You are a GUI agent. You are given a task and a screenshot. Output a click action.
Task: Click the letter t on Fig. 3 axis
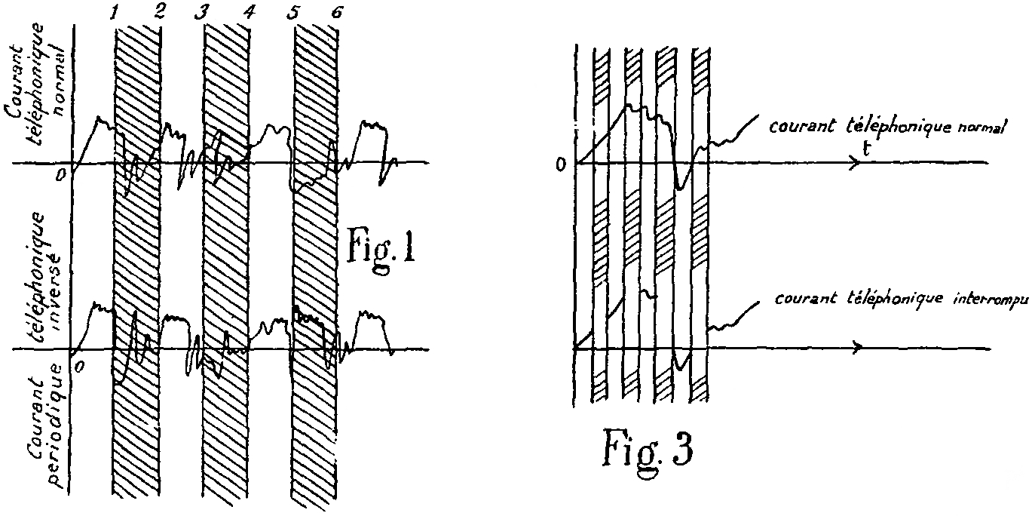[869, 149]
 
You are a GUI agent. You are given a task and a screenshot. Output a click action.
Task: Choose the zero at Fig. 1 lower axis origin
[79, 365]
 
